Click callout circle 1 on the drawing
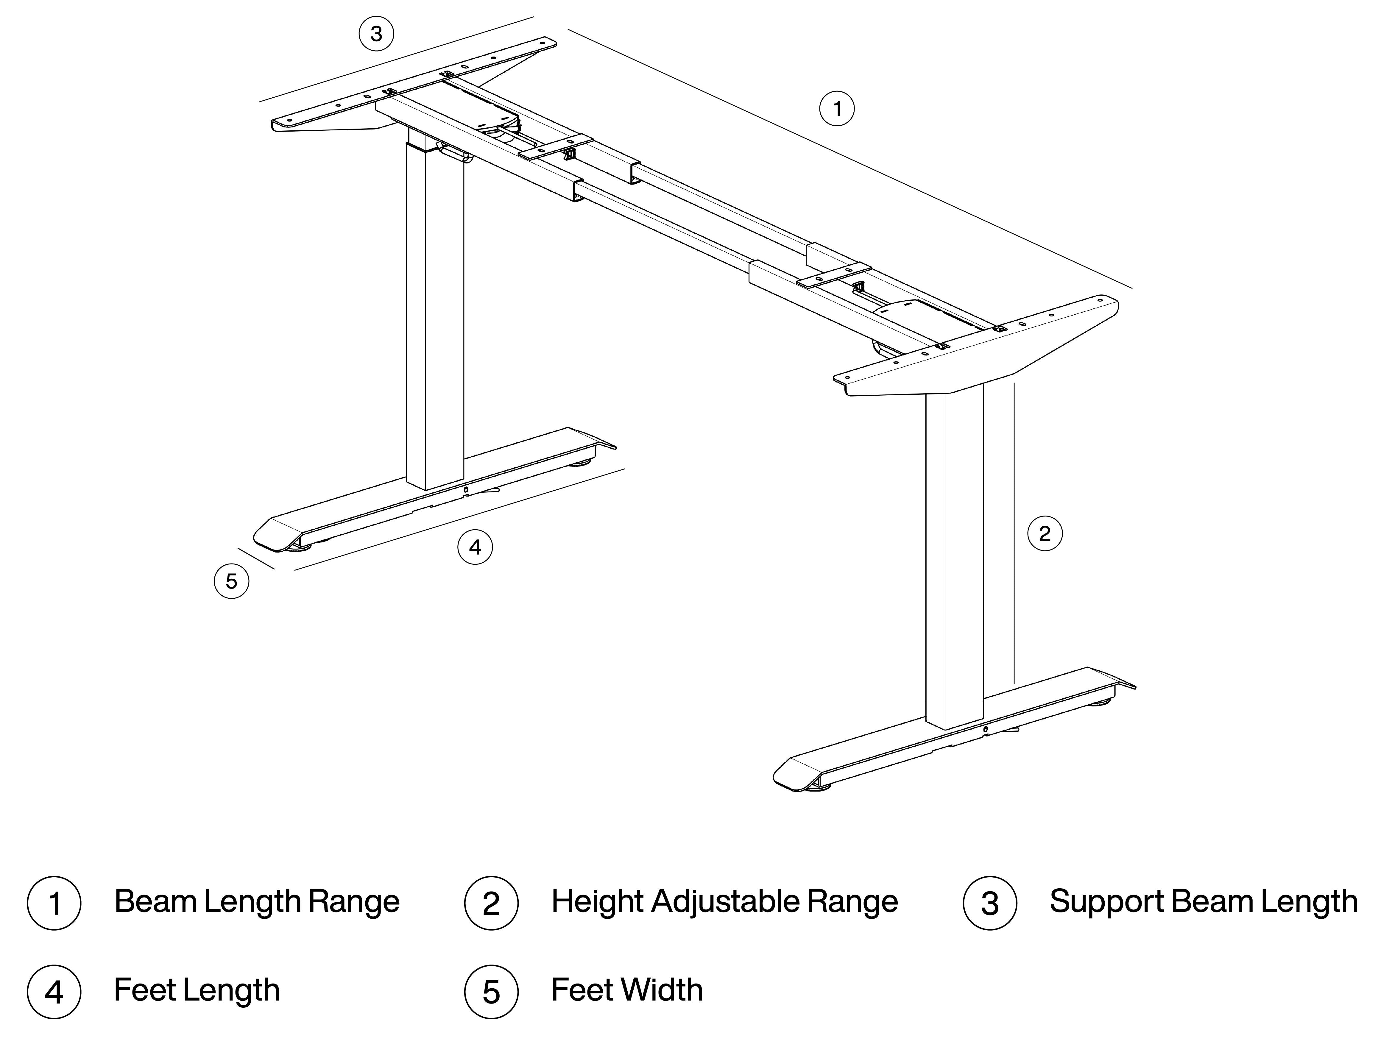pyautogui.click(x=837, y=109)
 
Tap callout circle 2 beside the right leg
pyautogui.click(x=1045, y=533)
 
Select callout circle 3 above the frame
pyautogui.click(x=376, y=34)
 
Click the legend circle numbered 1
pyautogui.click(x=54, y=903)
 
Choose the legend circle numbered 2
pyautogui.click(x=492, y=903)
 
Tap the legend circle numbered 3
pyautogui.click(x=990, y=903)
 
